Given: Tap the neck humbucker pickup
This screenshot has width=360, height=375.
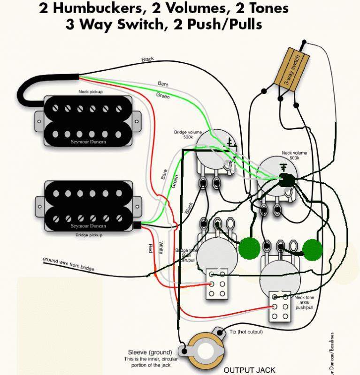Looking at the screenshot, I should click(x=88, y=120).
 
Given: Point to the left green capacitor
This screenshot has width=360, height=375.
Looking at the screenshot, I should click(x=249, y=248).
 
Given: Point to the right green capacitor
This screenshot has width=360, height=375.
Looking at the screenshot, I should click(x=312, y=248).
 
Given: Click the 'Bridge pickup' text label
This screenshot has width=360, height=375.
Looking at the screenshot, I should click(x=89, y=236).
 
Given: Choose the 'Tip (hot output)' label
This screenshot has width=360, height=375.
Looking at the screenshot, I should click(x=246, y=332).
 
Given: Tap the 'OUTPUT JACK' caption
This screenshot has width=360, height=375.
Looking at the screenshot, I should click(x=249, y=370).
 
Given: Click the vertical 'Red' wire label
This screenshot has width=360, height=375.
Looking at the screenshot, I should click(x=150, y=249).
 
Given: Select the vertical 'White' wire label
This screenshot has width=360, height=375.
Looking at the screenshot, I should click(x=161, y=247).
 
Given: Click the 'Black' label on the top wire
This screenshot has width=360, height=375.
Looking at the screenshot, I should click(x=147, y=60).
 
